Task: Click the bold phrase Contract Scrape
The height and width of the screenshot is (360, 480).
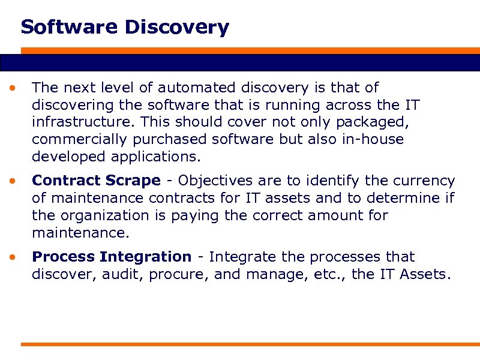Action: point(96,181)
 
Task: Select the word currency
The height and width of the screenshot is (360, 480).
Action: point(425,181)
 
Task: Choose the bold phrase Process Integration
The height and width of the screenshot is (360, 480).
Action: point(112,257)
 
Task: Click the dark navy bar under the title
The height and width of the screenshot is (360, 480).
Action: point(240,62)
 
